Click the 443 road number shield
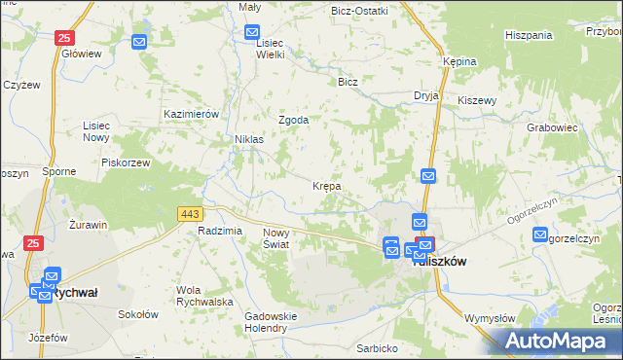point(189,213)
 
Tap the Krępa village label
point(326,185)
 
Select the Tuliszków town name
point(441,262)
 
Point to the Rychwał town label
point(79,292)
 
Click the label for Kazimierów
point(195,114)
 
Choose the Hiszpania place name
point(529,35)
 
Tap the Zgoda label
point(294,121)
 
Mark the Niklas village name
point(249,140)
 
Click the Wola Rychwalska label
point(204,296)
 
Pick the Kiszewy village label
point(477,100)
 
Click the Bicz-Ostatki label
point(359,11)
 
